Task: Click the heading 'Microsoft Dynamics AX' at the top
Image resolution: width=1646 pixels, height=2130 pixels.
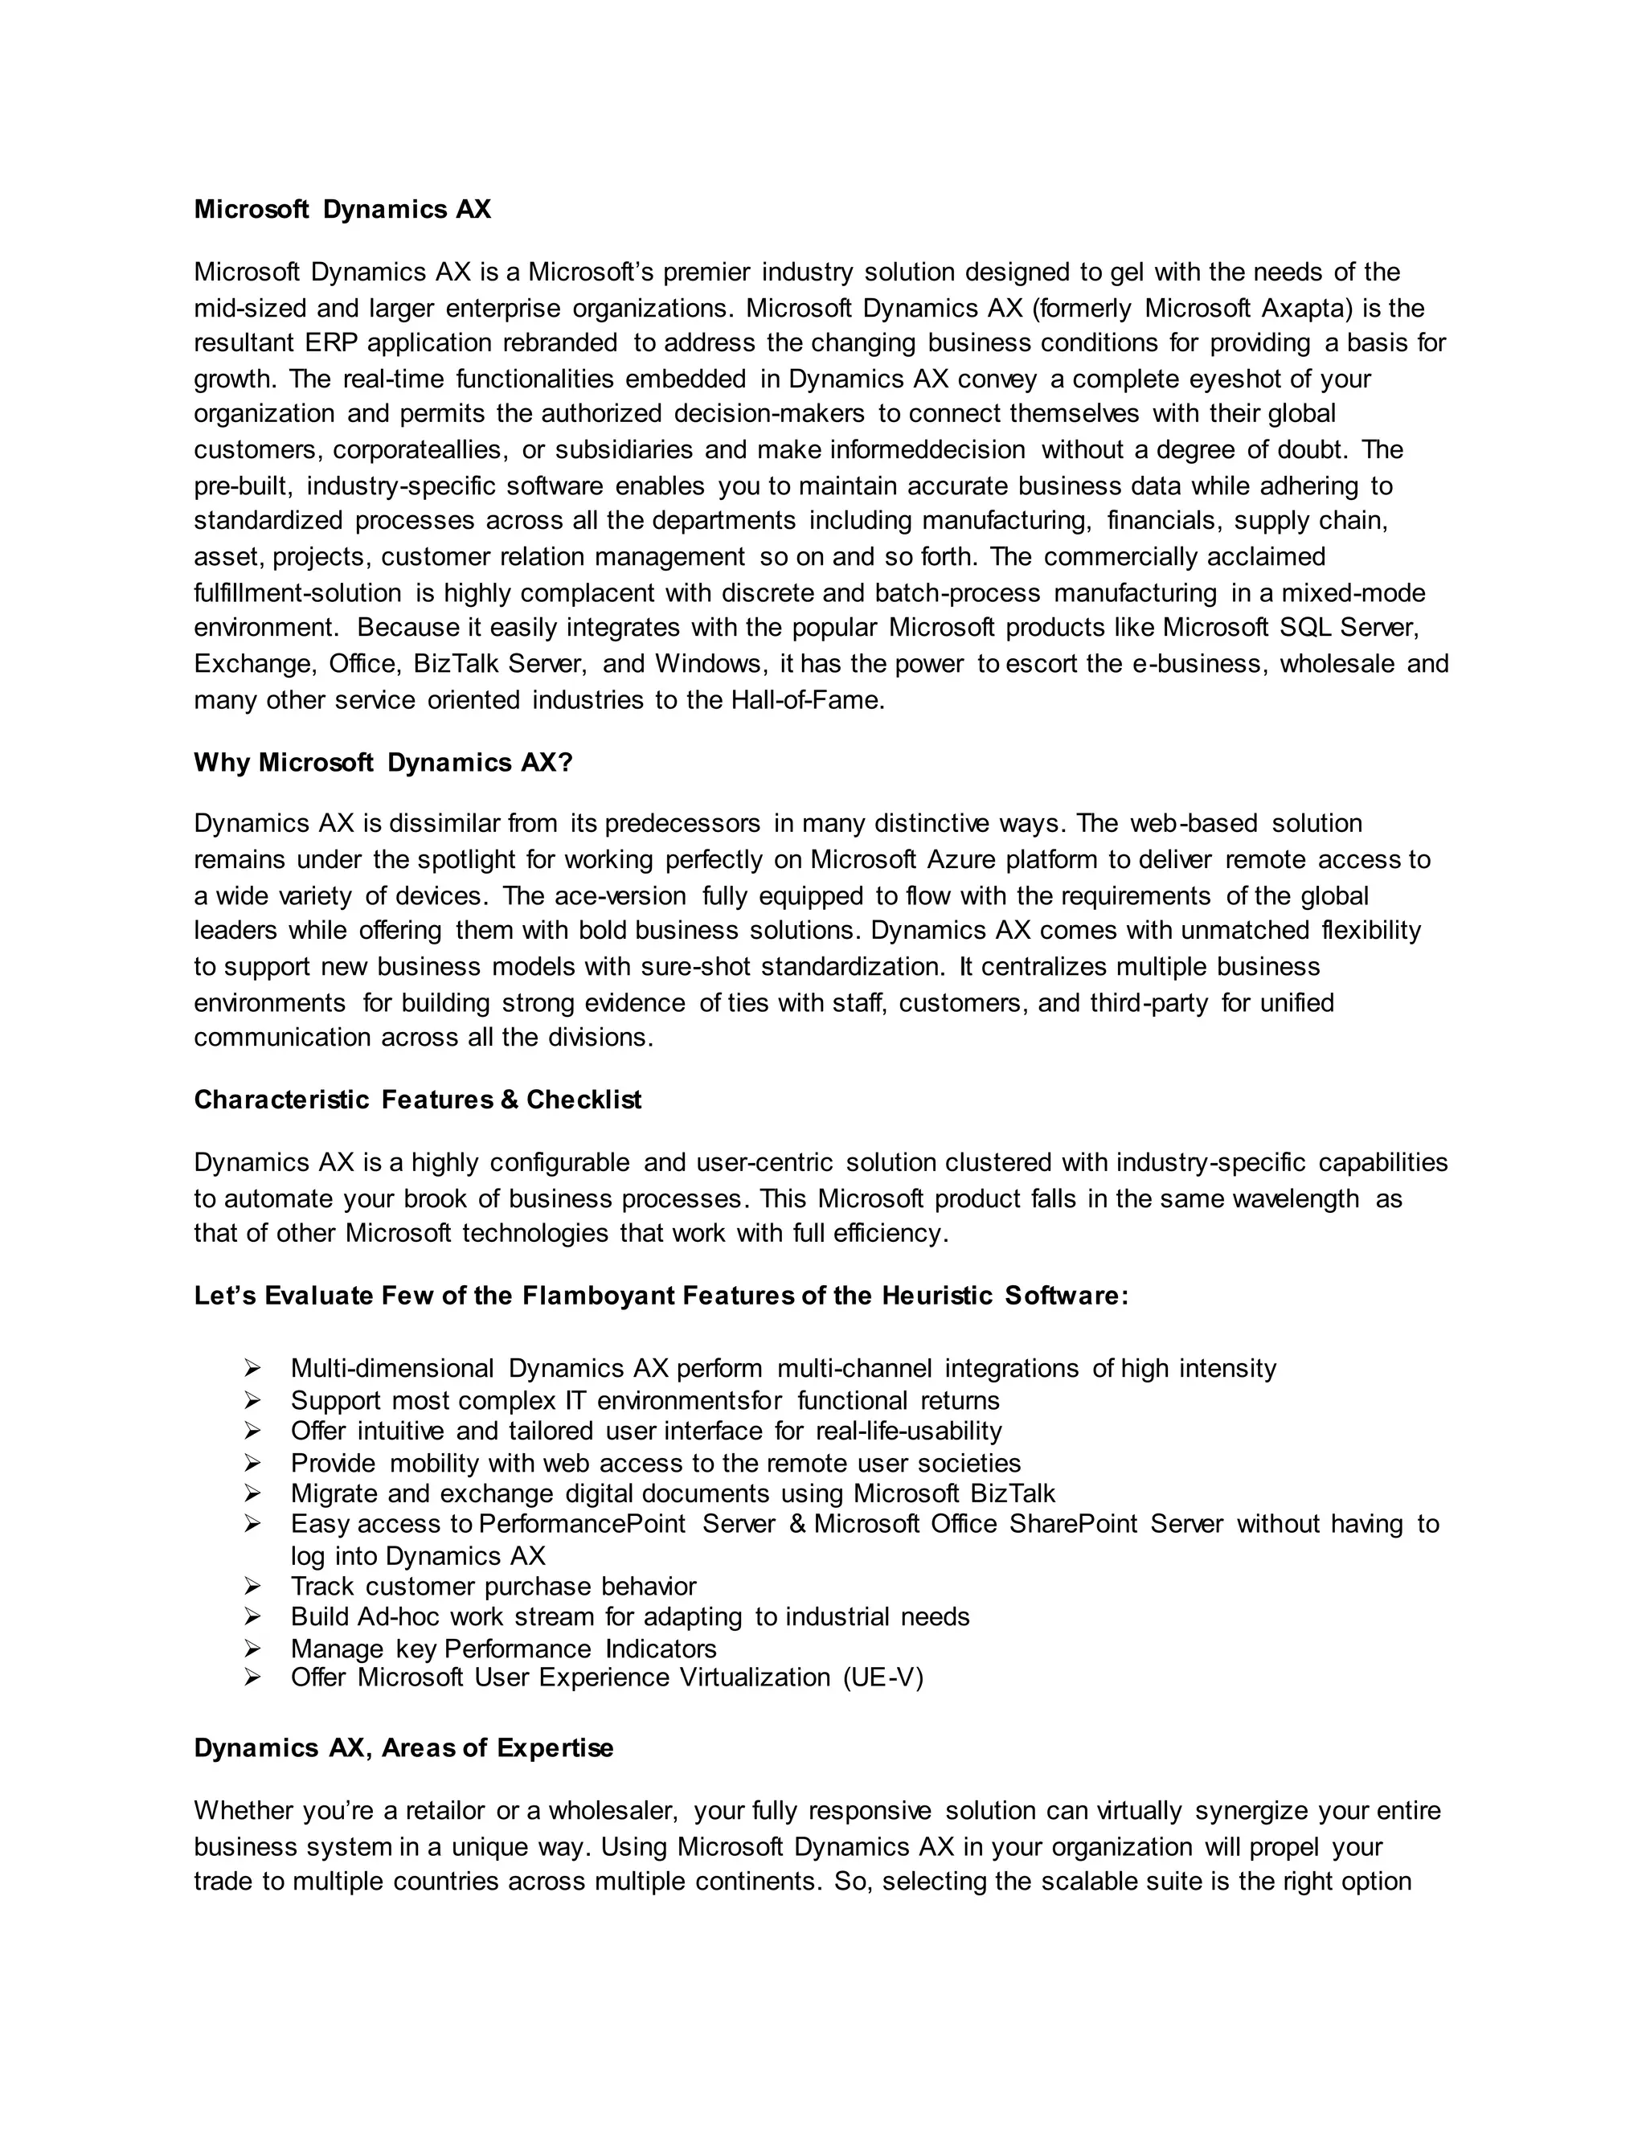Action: pyautogui.click(x=342, y=210)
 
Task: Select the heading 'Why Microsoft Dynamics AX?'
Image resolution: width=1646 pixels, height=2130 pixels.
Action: pyautogui.click(x=383, y=762)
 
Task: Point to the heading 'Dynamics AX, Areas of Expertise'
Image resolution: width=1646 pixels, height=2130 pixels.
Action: pyautogui.click(x=403, y=1747)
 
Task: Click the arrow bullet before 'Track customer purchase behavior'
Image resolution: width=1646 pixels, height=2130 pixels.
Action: pyautogui.click(x=252, y=1587)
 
